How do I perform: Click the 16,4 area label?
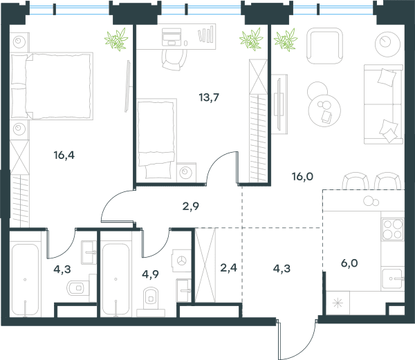pyautogui.click(x=64, y=155)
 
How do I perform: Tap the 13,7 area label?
pyautogui.click(x=209, y=97)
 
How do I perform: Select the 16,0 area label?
pyautogui.click(x=302, y=176)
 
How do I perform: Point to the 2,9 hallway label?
pyautogui.click(x=191, y=206)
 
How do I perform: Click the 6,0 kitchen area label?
pyautogui.click(x=349, y=263)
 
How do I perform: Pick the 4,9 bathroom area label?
pyautogui.click(x=150, y=274)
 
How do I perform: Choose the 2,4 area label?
pyautogui.click(x=228, y=268)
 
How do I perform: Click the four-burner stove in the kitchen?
pyautogui.click(x=392, y=229)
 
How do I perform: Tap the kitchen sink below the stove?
pyautogui.click(x=393, y=279)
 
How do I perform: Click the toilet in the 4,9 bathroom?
pyautogui.click(x=151, y=301)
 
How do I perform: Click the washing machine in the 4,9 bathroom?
pyautogui.click(x=181, y=260)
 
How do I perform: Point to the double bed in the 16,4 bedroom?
pyautogui.click(x=52, y=86)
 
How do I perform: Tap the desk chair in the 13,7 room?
pyautogui.click(x=174, y=59)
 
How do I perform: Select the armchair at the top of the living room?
pyautogui.click(x=325, y=46)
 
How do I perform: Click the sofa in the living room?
pyautogui.click(x=383, y=104)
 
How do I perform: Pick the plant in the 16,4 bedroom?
pyautogui.click(x=116, y=39)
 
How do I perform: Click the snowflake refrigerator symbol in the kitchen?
pyautogui.click(x=338, y=303)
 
